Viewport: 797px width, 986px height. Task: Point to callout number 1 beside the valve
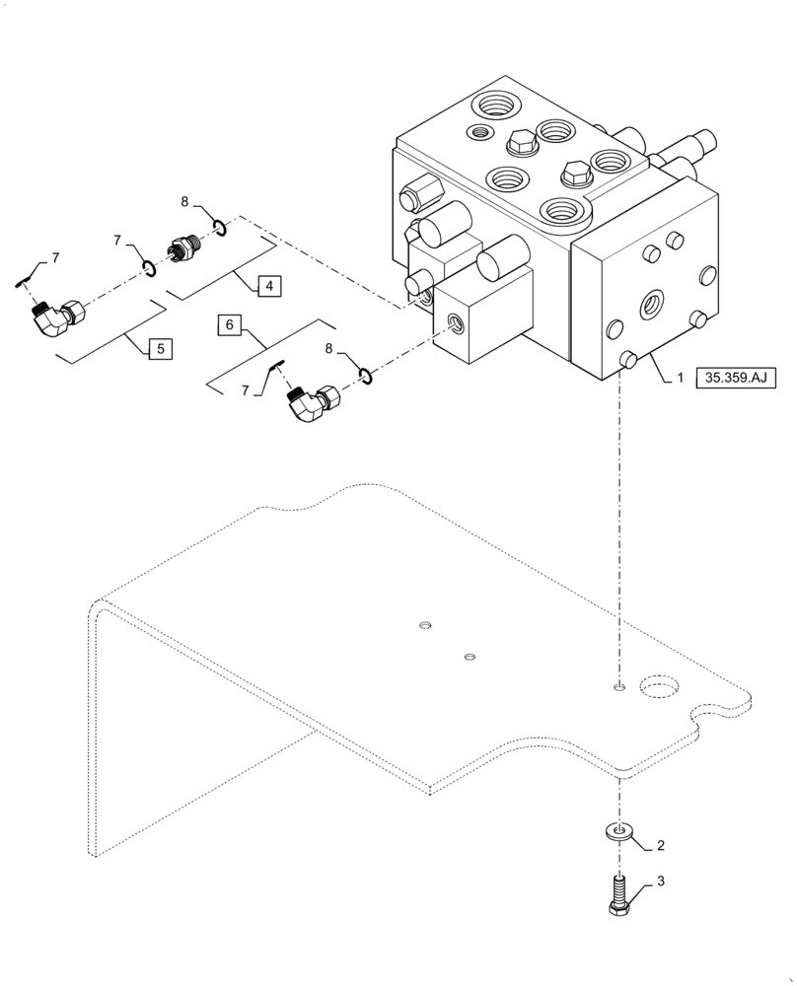tap(680, 377)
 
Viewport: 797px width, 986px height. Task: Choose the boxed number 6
tap(229, 324)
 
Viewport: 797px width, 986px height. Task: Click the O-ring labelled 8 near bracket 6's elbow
tap(366, 374)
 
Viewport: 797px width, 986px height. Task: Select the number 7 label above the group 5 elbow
tap(55, 258)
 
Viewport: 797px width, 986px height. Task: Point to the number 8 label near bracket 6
tap(328, 347)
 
